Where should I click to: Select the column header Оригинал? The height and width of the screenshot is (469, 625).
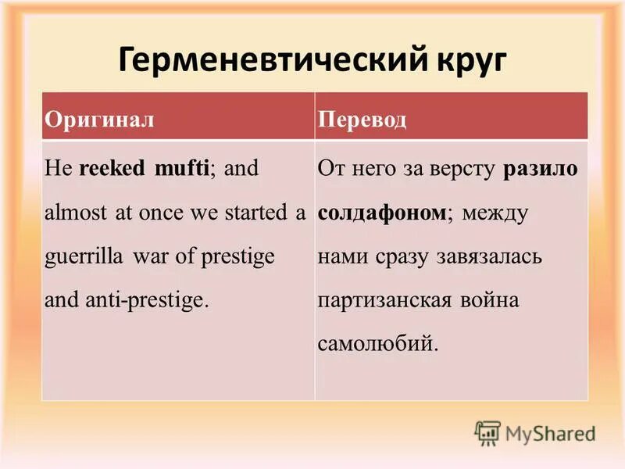click(98, 119)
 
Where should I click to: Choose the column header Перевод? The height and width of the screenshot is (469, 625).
click(362, 119)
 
